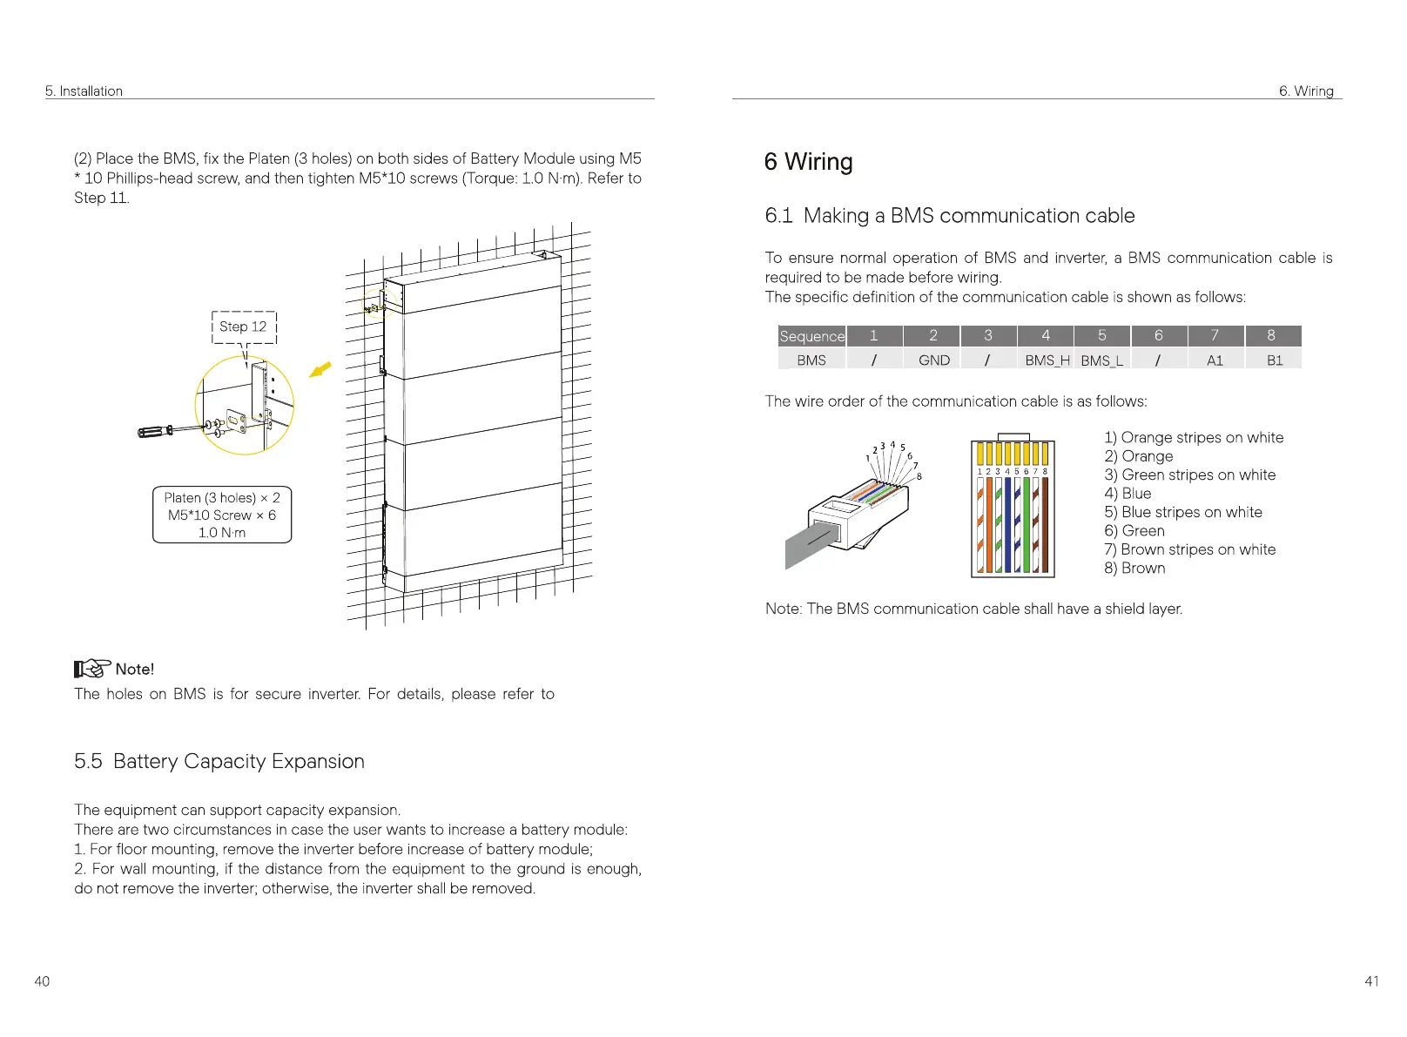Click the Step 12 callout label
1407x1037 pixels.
click(244, 327)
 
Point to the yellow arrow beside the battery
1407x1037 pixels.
click(320, 370)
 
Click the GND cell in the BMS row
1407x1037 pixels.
click(933, 360)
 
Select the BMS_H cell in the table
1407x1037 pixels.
click(1047, 360)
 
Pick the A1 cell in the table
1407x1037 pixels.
click(1215, 360)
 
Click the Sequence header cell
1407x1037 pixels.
click(811, 336)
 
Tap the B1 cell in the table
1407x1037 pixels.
click(1274, 360)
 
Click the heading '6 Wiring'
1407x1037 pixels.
click(808, 162)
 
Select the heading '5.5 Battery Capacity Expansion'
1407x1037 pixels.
click(219, 761)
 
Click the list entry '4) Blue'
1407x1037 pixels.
click(1128, 494)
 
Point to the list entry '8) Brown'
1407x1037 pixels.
click(1134, 568)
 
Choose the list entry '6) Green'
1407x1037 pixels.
click(1134, 531)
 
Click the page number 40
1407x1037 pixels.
click(42, 981)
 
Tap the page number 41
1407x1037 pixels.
click(1371, 981)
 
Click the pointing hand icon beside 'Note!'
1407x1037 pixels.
click(91, 669)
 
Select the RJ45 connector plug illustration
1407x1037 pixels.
click(849, 518)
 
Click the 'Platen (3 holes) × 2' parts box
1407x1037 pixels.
click(222, 515)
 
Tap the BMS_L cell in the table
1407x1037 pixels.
click(1101, 360)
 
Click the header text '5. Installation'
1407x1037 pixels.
click(84, 91)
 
